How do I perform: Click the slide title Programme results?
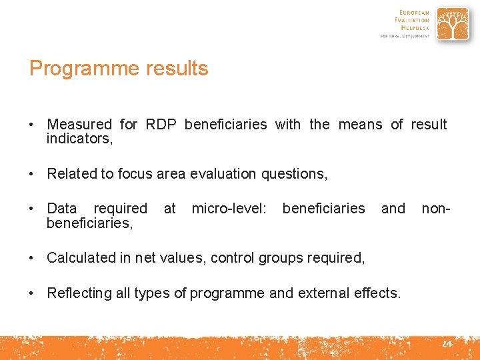pos(119,69)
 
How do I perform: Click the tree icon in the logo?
pos(452,24)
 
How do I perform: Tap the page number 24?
pos(446,344)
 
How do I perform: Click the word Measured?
pos(79,125)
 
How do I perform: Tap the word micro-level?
pos(229,209)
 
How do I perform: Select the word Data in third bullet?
pos(61,209)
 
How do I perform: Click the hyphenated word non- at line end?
pos(436,209)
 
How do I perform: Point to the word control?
pos(231,258)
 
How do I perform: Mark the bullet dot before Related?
pos(32,174)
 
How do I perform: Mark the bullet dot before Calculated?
pos(32,258)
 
